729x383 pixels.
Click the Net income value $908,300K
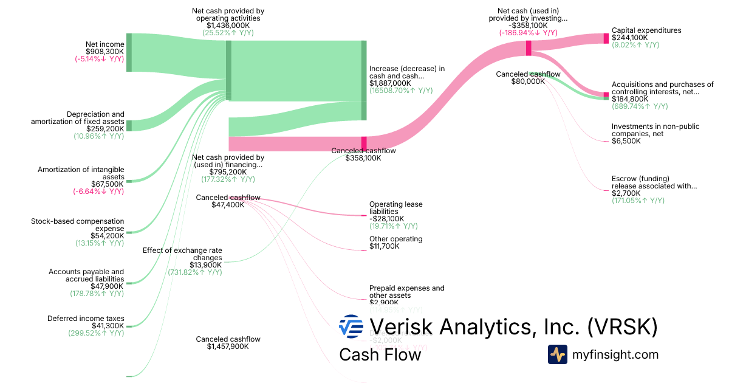[105, 52]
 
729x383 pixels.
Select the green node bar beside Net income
[129, 52]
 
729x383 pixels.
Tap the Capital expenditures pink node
[606, 38]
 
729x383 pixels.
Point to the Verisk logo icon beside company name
[351, 326]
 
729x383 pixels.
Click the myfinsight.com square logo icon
[557, 354]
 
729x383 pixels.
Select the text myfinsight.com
[615, 354]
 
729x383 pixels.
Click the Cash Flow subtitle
[380, 354]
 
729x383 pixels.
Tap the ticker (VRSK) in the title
[622, 326]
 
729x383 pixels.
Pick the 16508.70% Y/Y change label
[401, 91]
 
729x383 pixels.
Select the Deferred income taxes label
[86, 319]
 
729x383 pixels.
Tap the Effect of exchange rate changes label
[182, 254]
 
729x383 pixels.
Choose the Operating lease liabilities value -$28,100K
[386, 219]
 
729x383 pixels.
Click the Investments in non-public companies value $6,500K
[626, 141]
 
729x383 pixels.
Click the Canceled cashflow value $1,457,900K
[228, 347]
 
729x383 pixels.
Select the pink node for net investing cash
[529, 47]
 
